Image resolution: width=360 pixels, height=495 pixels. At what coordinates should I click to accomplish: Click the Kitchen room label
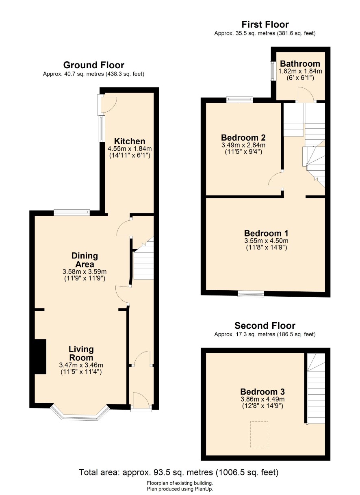pos(130,141)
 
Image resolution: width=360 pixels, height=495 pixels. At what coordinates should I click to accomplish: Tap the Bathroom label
pos(300,64)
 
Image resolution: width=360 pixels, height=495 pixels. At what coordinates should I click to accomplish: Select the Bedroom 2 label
pos(243,137)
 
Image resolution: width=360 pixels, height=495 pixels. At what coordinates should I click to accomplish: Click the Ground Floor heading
pos(94,65)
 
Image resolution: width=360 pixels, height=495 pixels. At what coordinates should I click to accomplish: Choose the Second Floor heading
pos(265,326)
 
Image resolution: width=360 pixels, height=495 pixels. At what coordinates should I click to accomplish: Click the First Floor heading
pos(265,24)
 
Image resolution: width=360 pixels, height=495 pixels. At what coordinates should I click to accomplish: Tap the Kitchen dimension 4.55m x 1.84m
pos(130,148)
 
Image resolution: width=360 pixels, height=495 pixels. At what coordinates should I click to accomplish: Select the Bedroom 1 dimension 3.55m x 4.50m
pos(266,241)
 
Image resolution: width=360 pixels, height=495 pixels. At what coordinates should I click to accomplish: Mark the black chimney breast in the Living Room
pos(40,357)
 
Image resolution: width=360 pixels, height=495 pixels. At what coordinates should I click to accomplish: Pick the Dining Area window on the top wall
pos(72,213)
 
